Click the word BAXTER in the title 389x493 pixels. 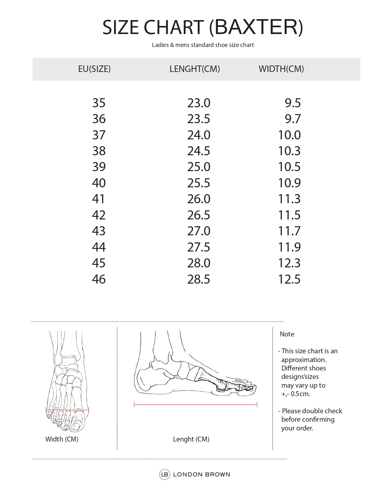[256, 27]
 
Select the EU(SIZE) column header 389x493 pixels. [94, 69]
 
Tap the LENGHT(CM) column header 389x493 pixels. [194, 69]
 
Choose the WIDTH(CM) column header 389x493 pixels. [281, 69]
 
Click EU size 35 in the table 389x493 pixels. [99, 103]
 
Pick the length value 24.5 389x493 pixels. [198, 151]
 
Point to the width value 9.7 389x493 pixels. [293, 119]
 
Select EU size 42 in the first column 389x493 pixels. [99, 215]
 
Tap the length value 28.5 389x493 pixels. [198, 279]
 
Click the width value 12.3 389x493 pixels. [289, 263]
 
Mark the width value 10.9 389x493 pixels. [289, 183]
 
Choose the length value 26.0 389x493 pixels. [198, 199]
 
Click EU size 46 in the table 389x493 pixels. [99, 279]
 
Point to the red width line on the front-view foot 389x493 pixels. [67, 410]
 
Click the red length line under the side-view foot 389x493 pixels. [195, 405]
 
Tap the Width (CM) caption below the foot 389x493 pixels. [62, 439]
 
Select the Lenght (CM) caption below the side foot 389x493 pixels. [191, 439]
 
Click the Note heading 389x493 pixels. [287, 334]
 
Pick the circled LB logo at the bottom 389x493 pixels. [165, 475]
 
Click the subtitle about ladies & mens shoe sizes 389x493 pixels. [203, 45]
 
